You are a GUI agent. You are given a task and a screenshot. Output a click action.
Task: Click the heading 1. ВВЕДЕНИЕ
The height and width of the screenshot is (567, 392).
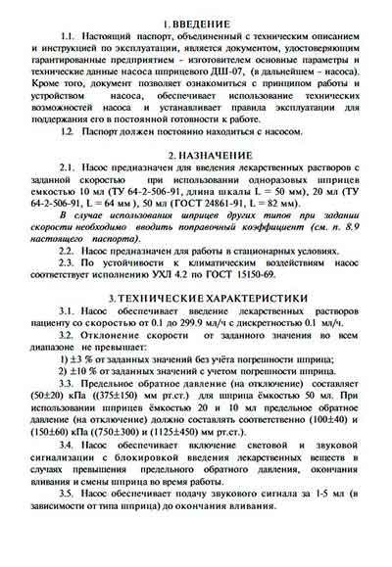[x=196, y=21]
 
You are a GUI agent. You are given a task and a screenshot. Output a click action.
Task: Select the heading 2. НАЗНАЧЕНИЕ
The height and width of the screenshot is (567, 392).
[x=196, y=156]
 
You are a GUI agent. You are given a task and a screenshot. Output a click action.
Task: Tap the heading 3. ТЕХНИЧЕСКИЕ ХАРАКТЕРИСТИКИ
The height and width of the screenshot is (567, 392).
[x=196, y=296]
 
